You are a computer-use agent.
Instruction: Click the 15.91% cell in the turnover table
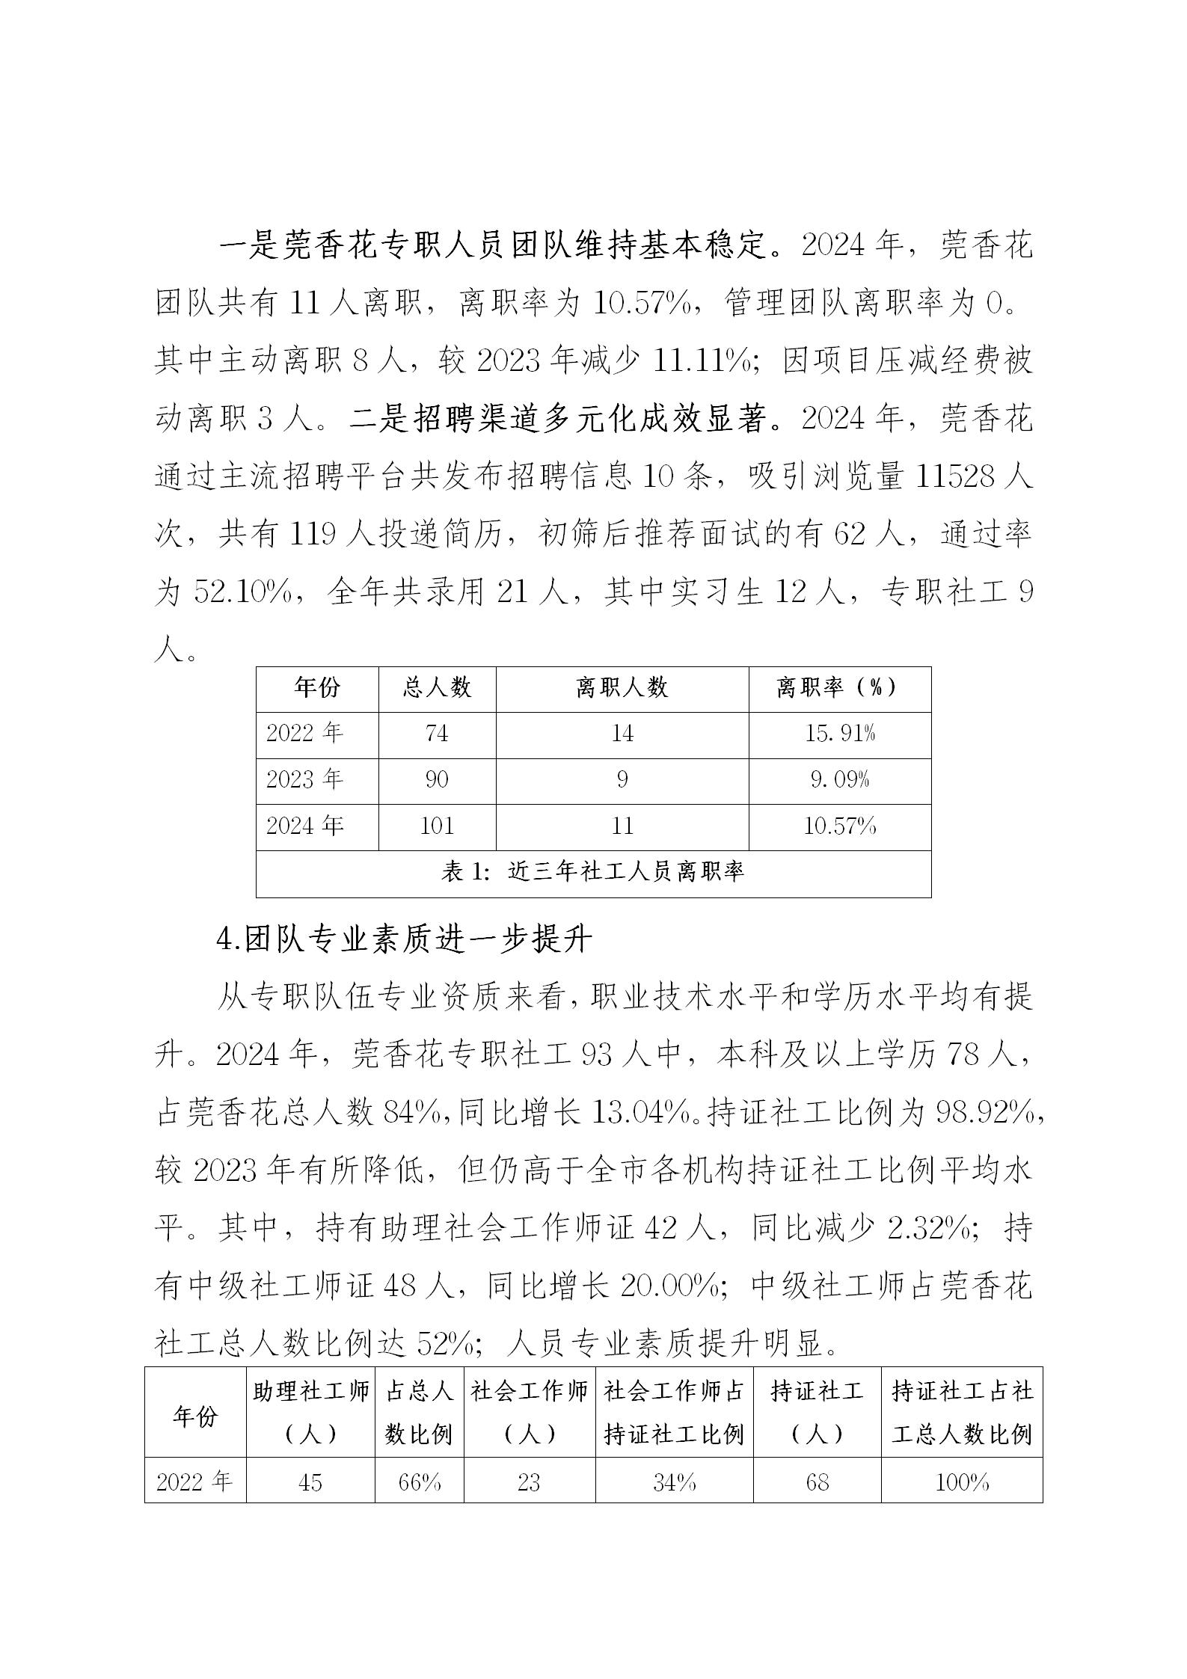[x=839, y=734]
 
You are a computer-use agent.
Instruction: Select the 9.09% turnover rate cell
[x=839, y=780]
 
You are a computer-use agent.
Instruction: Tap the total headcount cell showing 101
[x=437, y=826]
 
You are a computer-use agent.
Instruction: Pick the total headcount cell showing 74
[x=437, y=734]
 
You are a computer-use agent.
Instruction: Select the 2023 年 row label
[x=304, y=780]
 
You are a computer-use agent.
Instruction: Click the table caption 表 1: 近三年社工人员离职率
[x=593, y=872]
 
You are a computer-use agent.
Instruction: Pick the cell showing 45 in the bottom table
[x=310, y=1482]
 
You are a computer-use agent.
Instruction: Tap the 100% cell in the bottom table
[x=962, y=1482]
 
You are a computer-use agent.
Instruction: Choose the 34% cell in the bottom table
[x=674, y=1482]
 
